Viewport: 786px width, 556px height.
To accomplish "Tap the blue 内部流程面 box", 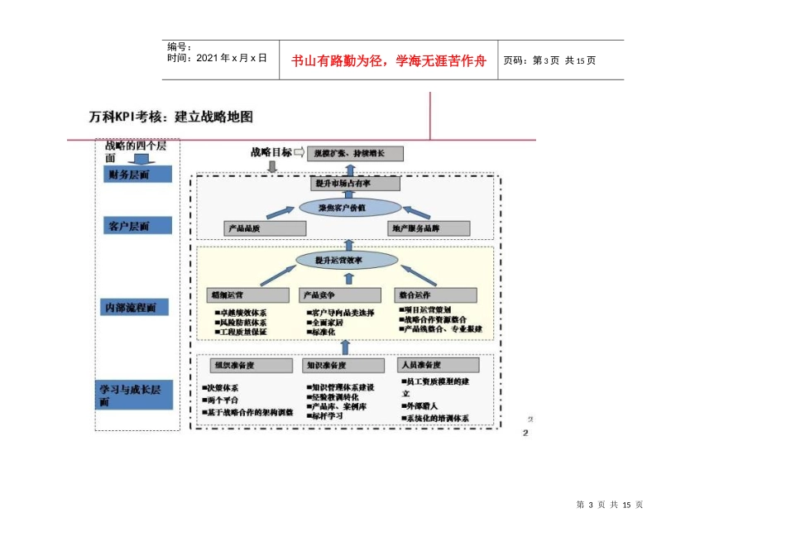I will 135,308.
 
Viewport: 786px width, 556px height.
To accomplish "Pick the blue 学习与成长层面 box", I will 136,395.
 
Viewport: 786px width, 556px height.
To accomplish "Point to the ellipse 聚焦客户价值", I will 349,207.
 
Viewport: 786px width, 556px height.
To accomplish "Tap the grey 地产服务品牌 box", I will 429,228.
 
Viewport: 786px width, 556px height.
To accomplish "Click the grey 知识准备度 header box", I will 343,365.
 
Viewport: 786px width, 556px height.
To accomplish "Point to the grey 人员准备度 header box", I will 439,365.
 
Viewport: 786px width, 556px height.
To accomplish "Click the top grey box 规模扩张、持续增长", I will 355,153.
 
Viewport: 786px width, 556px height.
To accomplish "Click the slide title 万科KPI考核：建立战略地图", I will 171,117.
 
